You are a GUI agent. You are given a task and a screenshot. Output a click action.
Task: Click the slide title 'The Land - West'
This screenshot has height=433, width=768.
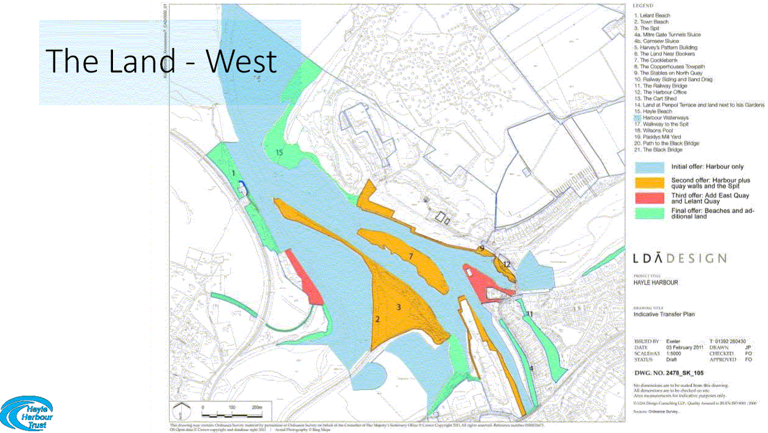click(161, 61)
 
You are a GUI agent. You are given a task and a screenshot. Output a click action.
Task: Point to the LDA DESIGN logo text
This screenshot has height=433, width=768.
click(680, 259)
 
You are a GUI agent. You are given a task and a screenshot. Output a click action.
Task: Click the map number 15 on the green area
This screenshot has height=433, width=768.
click(279, 152)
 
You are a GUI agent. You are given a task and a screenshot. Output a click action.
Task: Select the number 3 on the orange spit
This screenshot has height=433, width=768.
click(398, 306)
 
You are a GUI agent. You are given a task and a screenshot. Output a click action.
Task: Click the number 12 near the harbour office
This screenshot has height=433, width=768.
click(506, 264)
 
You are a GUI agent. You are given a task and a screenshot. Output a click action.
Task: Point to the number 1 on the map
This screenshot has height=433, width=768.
click(234, 174)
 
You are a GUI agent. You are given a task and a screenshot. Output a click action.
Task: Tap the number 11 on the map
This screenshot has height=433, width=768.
click(529, 314)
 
